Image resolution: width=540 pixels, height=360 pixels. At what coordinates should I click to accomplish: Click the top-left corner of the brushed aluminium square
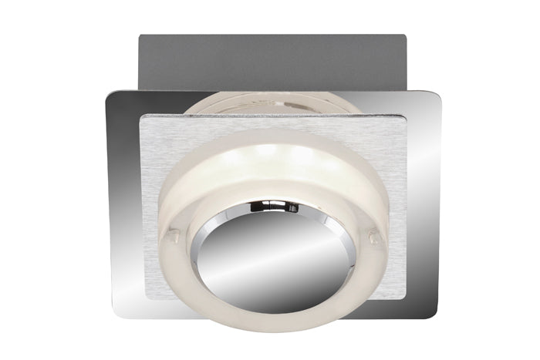click(140, 118)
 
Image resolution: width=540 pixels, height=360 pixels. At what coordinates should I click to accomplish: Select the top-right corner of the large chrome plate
click(437, 94)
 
